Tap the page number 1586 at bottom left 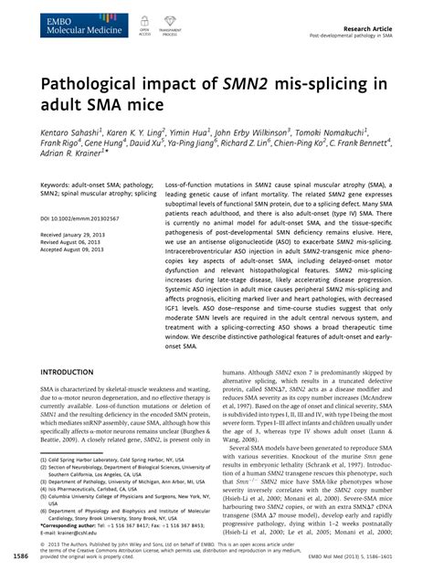(x=18, y=554)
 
